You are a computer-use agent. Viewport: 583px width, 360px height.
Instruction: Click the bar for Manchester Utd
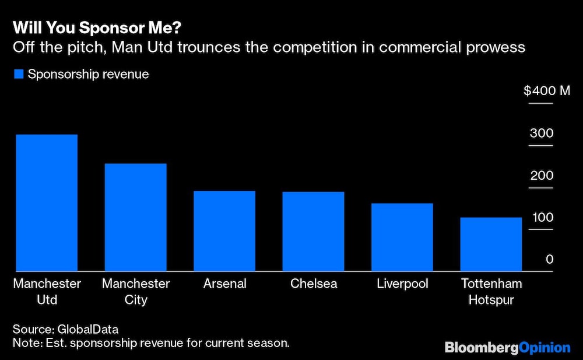point(47,203)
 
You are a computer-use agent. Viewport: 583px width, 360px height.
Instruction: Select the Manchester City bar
point(135,217)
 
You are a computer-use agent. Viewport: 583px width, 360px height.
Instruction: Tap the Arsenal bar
point(224,231)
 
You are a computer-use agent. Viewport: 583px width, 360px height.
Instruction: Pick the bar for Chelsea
point(314,232)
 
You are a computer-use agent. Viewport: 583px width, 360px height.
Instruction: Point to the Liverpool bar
point(402,237)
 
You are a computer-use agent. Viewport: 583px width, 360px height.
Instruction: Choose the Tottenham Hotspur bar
point(491,244)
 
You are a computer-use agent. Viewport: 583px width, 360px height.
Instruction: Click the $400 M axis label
point(546,91)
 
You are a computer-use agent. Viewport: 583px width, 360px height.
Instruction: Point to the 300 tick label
point(541,134)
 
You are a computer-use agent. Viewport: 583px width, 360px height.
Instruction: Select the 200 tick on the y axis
point(541,176)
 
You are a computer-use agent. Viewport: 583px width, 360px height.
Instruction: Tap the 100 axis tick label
point(541,218)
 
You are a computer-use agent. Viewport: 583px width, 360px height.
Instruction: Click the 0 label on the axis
point(549,260)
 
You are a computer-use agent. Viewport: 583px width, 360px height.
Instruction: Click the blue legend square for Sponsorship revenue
point(19,75)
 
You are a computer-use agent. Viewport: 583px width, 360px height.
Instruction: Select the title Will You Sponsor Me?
point(75,28)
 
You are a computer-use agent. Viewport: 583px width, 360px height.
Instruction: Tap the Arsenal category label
point(224,284)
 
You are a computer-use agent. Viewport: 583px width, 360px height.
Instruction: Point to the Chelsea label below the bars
point(314,284)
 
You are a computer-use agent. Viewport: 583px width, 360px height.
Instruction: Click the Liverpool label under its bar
point(402,284)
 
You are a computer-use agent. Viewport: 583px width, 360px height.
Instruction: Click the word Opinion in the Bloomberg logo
point(545,348)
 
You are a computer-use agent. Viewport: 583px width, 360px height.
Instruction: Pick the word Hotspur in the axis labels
point(491,300)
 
